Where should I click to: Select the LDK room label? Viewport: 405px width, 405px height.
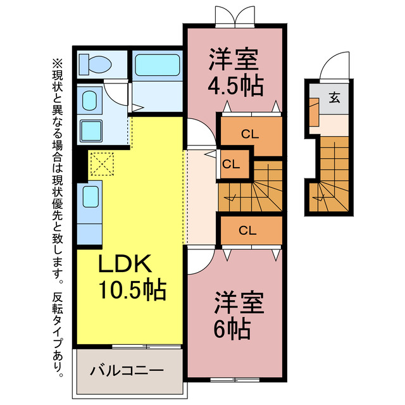click(125, 263)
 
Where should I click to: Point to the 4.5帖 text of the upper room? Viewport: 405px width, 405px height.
click(235, 85)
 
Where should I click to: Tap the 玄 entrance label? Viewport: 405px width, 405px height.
click(333, 98)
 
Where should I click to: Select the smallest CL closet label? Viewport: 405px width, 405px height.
click(231, 164)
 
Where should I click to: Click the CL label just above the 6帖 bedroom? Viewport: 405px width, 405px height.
click(247, 230)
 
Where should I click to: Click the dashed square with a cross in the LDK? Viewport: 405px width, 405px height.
click(99, 164)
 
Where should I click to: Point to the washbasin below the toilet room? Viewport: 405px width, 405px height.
click(90, 101)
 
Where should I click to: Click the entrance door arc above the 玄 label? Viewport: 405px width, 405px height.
click(333, 66)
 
